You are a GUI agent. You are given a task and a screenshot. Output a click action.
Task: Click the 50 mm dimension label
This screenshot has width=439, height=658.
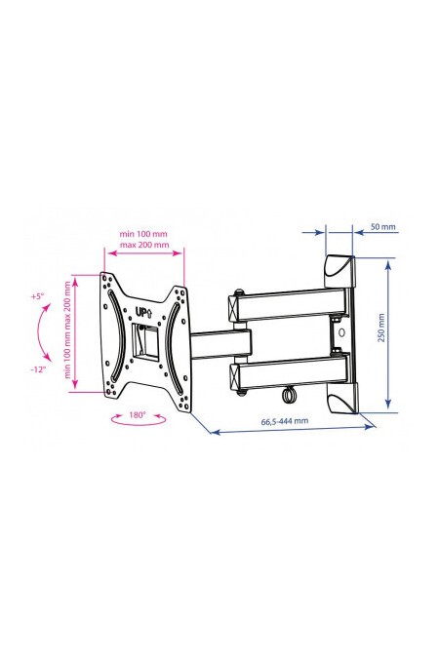tap(382, 227)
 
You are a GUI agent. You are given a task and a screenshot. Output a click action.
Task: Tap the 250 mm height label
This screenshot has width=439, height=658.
tap(381, 328)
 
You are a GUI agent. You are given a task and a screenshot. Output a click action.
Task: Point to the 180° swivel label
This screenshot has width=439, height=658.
tap(137, 415)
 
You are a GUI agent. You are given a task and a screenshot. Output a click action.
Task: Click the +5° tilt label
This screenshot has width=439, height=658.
tap(37, 296)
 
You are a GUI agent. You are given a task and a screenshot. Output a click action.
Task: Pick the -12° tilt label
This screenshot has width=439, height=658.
tap(38, 369)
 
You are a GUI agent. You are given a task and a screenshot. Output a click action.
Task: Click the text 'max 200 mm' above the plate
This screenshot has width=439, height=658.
tap(144, 245)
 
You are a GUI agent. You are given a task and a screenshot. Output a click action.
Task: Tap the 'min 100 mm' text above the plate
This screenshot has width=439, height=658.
tap(143, 233)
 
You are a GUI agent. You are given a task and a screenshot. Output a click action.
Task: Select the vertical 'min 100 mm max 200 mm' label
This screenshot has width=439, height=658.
tap(67, 330)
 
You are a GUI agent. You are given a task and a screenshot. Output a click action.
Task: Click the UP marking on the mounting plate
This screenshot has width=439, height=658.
tap(143, 312)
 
